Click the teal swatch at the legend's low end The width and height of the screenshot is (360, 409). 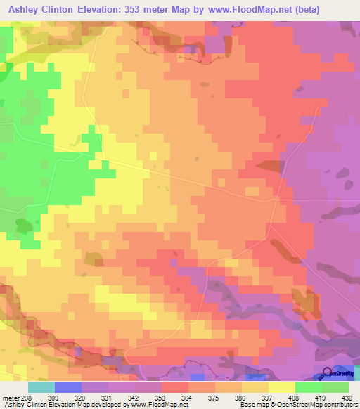(x=41, y=388)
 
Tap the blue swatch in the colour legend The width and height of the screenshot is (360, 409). (x=68, y=388)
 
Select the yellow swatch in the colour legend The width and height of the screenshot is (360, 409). (x=282, y=388)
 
